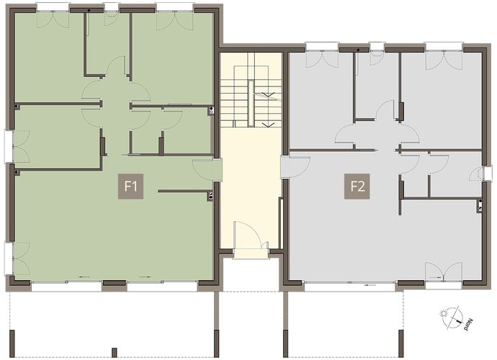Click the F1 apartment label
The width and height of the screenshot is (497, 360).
pos(130,186)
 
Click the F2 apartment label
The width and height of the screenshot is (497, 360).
pos(357,186)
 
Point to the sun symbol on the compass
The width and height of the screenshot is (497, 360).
pos(443,315)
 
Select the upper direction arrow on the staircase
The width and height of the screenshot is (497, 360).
pos(268,94)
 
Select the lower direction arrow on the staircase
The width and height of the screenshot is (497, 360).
pos(268,124)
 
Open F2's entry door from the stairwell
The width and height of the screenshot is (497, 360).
pos(296,166)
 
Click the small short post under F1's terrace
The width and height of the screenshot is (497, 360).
pos(115,352)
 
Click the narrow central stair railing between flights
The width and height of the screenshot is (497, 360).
pos(251,104)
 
